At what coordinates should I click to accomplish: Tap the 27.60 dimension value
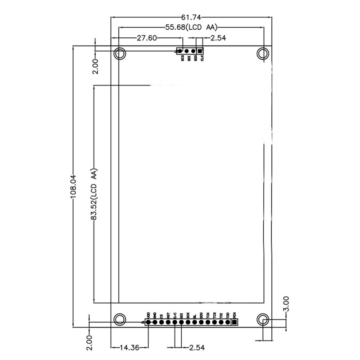point(147,38)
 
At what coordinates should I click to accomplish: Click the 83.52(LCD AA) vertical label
point(94,194)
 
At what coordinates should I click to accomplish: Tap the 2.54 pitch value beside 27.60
point(218,38)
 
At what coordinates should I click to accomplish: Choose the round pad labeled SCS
point(180,52)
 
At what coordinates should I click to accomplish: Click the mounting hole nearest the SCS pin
point(119,54)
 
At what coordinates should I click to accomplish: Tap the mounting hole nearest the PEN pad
point(263,319)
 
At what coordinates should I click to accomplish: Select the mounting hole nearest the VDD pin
point(119,319)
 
